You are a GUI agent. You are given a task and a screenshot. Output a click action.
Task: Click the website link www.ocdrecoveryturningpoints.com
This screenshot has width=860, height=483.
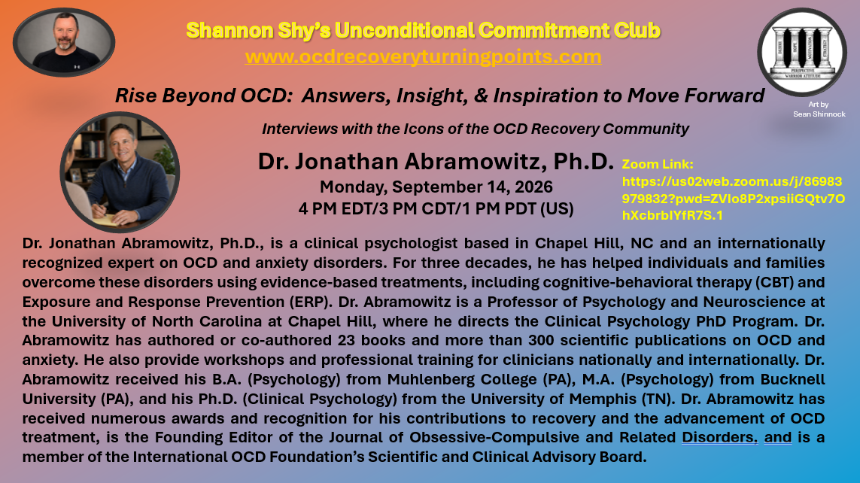[423, 57]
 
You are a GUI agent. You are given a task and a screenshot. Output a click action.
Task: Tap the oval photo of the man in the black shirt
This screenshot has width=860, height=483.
[64, 42]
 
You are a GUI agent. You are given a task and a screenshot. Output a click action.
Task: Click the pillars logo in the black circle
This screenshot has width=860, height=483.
[802, 52]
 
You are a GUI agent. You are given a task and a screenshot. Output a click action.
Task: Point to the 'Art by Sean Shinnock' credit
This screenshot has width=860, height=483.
[819, 109]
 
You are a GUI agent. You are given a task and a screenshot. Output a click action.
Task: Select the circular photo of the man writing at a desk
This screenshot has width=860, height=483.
[120, 172]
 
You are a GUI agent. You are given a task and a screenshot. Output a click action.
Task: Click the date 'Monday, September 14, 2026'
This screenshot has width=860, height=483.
[436, 187]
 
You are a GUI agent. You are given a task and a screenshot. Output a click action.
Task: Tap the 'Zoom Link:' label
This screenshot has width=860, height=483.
[658, 164]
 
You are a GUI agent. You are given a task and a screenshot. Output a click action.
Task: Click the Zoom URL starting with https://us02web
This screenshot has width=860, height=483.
[734, 199]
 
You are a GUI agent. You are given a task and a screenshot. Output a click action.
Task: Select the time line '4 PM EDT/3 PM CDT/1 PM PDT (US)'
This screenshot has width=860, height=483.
[436, 209]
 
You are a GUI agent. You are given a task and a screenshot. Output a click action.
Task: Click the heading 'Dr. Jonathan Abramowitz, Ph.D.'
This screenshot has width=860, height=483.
[436, 161]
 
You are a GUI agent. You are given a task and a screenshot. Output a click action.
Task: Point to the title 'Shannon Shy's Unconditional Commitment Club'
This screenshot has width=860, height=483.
[423, 31]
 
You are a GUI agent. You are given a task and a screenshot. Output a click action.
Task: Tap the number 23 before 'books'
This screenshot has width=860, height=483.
[346, 341]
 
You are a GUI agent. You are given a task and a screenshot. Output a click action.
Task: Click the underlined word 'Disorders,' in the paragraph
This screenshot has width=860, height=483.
[719, 438]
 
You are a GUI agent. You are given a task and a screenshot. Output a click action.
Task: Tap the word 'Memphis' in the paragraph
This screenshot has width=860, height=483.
[603, 399]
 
